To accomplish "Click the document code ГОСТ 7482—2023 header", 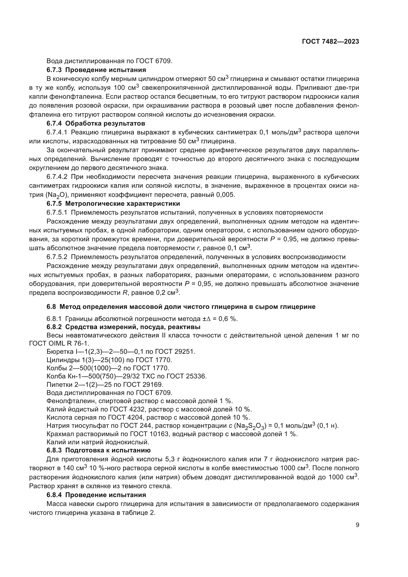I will (x=330, y=42).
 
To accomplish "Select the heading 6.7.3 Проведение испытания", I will (x=96, y=70).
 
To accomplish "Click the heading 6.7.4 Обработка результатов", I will (x=96, y=123).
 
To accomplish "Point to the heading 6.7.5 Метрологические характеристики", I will (x=113, y=203).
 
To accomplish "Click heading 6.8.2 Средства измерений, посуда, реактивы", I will (x=123, y=327).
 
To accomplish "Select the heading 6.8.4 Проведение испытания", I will (x=96, y=495).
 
